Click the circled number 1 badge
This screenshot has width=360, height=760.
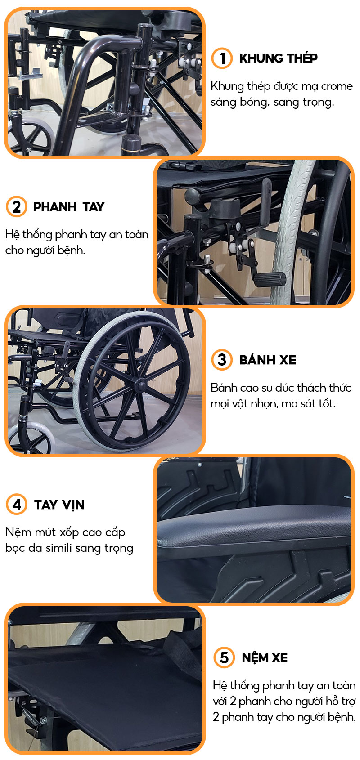pos(222,58)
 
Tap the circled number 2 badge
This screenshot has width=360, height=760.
pos(16,206)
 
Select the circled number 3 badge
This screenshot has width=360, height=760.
pos(222,360)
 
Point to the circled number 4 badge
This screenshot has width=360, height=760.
pos(16,504)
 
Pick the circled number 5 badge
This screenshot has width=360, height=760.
pos(224,657)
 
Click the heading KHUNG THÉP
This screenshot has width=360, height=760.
pos(279,58)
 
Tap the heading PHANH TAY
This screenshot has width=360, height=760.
pos(68,206)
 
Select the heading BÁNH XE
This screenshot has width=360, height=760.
pos(268,360)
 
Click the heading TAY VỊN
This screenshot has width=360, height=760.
pos(59,505)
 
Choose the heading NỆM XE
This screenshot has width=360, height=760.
pos(265,657)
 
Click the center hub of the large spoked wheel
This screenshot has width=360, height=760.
pos(140,386)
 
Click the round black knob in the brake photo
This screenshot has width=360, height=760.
pos(192,196)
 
